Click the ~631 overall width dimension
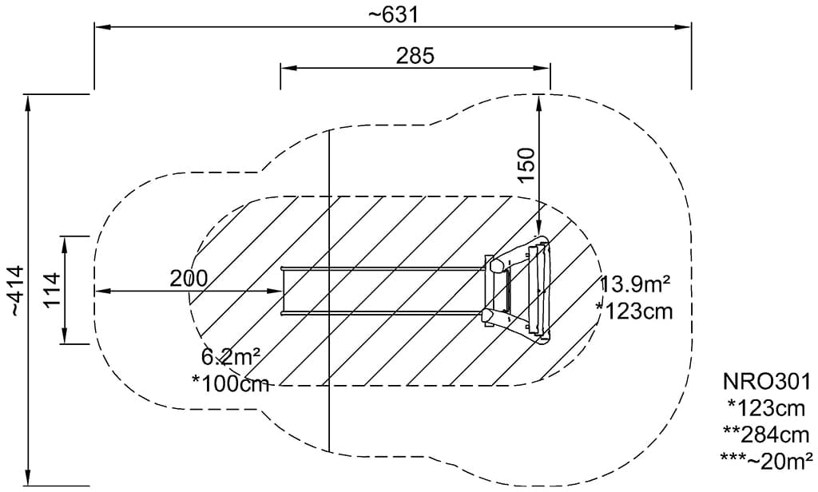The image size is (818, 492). pyautogui.click(x=393, y=14)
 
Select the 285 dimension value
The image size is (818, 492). pyautogui.click(x=415, y=55)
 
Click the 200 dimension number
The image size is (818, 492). pyautogui.click(x=189, y=279)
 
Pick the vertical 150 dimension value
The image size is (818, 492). pyautogui.click(x=527, y=165)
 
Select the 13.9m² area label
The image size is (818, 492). pyautogui.click(x=635, y=285)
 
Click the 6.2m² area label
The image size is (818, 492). pyautogui.click(x=231, y=357)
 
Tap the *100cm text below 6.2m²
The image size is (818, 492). pyautogui.click(x=231, y=384)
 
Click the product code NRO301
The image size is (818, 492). pyautogui.click(x=767, y=382)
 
